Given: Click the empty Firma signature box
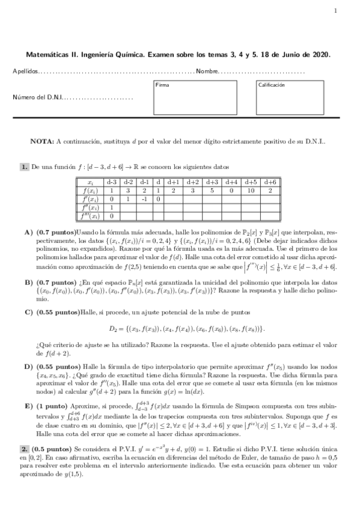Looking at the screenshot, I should [195, 97].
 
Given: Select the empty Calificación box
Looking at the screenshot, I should [297, 97].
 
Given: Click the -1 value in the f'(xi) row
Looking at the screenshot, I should [144, 198].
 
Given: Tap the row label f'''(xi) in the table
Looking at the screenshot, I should [90, 215].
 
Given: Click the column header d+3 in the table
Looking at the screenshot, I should [212, 181].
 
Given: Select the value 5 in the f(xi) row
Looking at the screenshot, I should [212, 189].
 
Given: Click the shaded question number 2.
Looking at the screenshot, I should [24, 449].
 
